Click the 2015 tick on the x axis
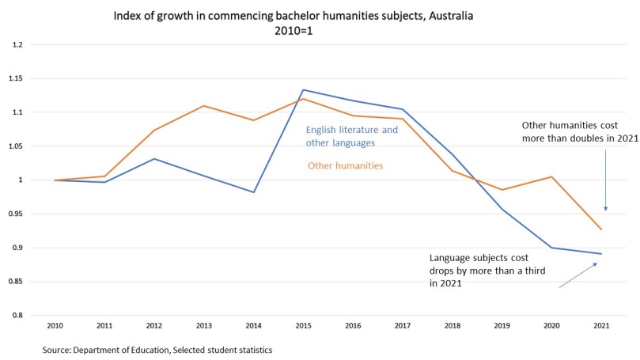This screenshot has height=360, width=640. click(x=304, y=326)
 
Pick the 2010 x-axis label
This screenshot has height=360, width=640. click(x=55, y=326)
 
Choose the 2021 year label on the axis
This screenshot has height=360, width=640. click(x=601, y=326)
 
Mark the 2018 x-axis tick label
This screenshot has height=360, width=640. click(x=453, y=326)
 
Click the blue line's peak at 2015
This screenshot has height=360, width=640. click(x=304, y=90)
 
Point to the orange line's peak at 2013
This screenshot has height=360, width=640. click(x=204, y=106)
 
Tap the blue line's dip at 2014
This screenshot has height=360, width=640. click(x=254, y=192)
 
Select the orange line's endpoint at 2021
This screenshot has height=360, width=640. click(x=601, y=229)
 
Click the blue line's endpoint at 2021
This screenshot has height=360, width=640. click(x=601, y=254)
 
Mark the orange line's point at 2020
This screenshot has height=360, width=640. click(x=551, y=177)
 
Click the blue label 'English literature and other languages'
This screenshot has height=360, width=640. click(x=351, y=136)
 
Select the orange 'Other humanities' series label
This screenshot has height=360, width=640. click(x=345, y=166)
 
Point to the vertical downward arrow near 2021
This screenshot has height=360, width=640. click(x=606, y=180)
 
